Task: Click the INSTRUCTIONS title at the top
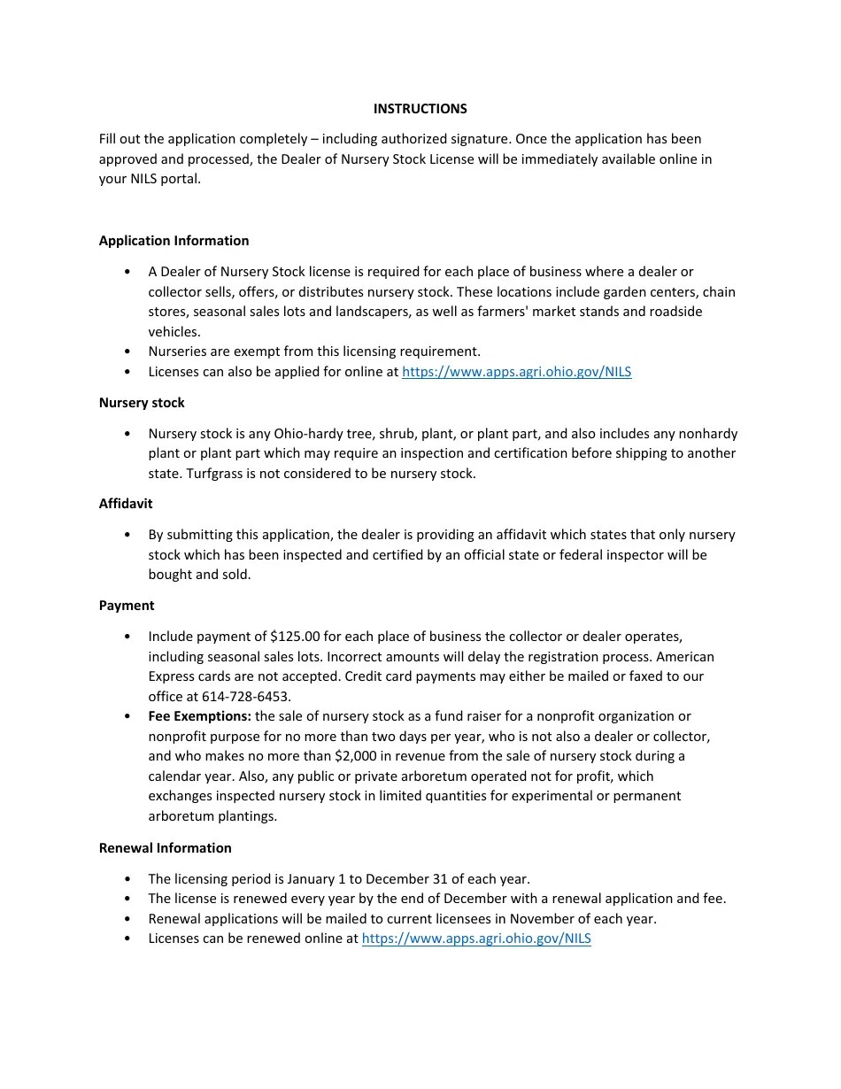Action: [x=420, y=109]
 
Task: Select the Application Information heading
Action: [x=174, y=241]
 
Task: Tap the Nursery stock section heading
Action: [x=142, y=403]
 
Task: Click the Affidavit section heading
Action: [x=126, y=504]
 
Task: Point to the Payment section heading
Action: [x=127, y=606]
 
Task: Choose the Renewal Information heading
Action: [x=165, y=848]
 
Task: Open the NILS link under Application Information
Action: [x=516, y=372]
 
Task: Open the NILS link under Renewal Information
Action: [x=476, y=938]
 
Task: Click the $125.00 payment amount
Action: [x=295, y=637]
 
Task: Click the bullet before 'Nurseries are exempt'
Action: [x=128, y=352]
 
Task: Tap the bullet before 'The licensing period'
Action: [x=128, y=880]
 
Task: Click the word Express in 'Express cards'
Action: [x=171, y=676]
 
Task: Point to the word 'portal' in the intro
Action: [x=181, y=179]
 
